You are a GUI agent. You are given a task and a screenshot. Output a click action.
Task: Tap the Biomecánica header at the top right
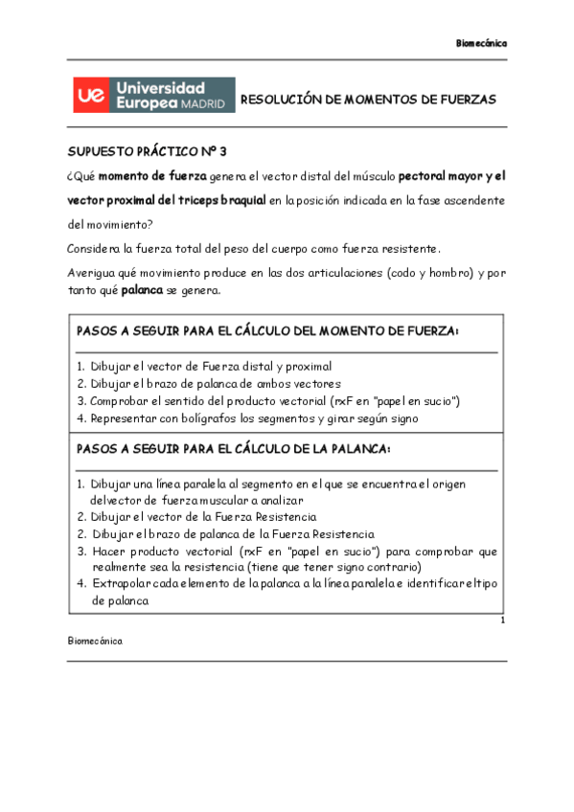(481, 44)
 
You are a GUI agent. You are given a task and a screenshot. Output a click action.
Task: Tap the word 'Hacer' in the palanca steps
(108, 552)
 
